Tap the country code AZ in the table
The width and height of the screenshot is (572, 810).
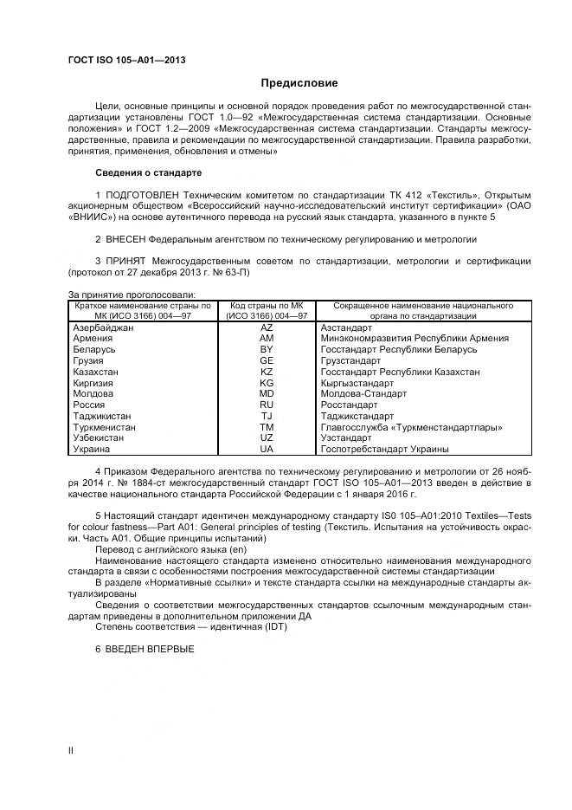click(x=267, y=327)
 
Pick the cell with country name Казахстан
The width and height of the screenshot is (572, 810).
click(x=96, y=372)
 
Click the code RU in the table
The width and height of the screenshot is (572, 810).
click(x=267, y=405)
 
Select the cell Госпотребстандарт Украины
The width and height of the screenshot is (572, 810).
click(x=384, y=449)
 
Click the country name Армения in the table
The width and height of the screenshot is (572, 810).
click(x=93, y=339)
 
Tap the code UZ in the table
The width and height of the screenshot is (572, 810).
click(x=267, y=438)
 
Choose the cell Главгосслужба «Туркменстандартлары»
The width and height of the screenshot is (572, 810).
click(x=411, y=427)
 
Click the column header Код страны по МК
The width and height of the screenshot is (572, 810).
click(x=267, y=306)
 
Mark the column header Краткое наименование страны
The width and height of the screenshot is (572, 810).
click(x=143, y=306)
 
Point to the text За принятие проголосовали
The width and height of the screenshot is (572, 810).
click(x=132, y=295)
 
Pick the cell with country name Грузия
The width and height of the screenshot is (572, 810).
click(x=89, y=360)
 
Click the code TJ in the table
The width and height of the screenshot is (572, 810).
click(x=267, y=416)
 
